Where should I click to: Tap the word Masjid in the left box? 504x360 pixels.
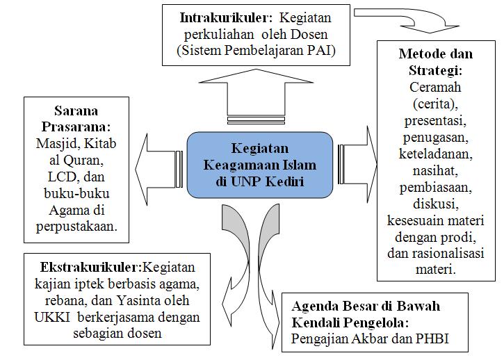52,144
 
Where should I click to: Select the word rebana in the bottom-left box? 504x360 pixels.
54,301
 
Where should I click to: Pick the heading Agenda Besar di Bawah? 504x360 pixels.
365,306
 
